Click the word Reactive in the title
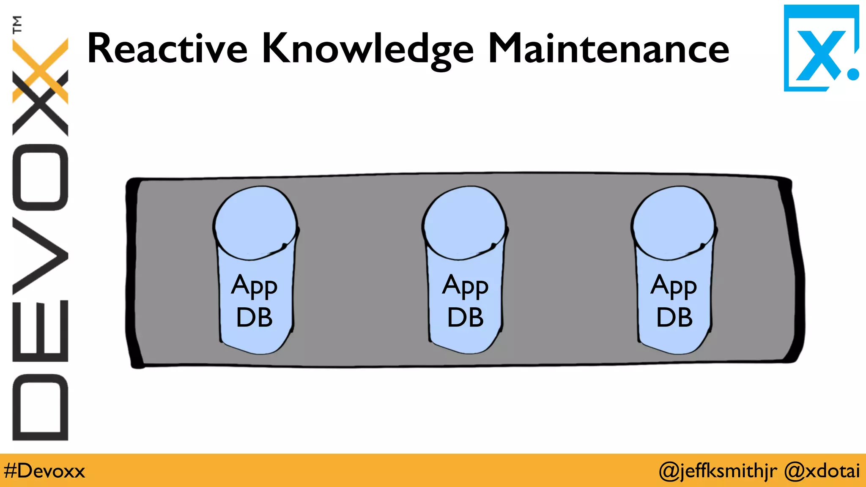coord(167,49)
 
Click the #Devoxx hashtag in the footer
coord(44,471)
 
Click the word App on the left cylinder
coord(254,286)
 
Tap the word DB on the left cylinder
coord(254,317)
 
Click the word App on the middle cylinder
coord(465,286)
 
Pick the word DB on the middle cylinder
coord(465,317)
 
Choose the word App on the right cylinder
coord(674,286)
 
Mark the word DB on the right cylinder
coord(674,317)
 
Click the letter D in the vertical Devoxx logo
coord(40,408)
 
